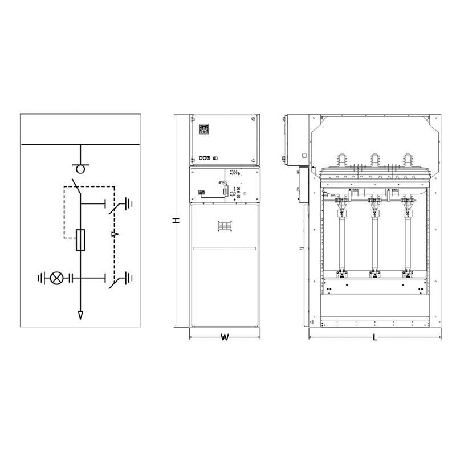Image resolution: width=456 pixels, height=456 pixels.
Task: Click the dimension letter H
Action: pyautogui.click(x=176, y=221)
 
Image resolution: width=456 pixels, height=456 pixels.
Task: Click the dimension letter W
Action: pyautogui.click(x=225, y=337)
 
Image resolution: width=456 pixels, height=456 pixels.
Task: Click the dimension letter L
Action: pyautogui.click(x=375, y=337)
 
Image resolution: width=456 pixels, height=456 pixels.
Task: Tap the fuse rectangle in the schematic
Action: pyautogui.click(x=80, y=240)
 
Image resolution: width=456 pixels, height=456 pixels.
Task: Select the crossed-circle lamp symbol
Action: pyautogui.click(x=56, y=278)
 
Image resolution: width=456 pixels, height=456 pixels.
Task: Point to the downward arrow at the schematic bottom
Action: pyautogui.click(x=80, y=315)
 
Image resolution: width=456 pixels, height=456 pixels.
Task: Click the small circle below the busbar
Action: pyautogui.click(x=80, y=169)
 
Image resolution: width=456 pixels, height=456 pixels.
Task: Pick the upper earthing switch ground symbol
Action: pyautogui.click(x=128, y=203)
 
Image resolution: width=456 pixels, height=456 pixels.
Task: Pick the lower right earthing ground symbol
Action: pyautogui.click(x=128, y=278)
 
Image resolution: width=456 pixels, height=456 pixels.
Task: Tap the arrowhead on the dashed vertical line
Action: pyautogui.click(x=115, y=234)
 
